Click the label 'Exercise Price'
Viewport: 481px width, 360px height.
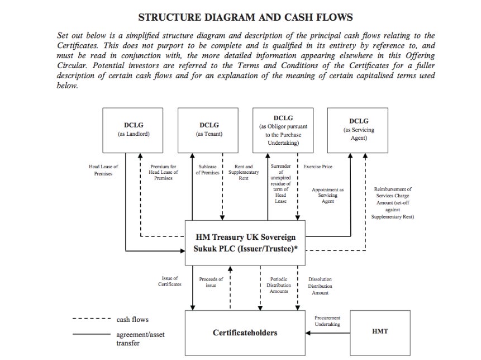[x=318, y=167]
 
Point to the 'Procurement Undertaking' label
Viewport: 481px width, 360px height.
[x=327, y=321]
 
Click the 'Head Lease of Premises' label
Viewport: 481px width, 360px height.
[x=103, y=170]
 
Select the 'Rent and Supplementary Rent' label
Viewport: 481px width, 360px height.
[x=244, y=172]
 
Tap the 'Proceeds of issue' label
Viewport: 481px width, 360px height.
[x=211, y=282]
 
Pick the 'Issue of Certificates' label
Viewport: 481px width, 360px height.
[x=170, y=281]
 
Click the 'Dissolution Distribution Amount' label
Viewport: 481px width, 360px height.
[x=320, y=286]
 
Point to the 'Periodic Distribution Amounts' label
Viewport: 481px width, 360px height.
[x=279, y=285]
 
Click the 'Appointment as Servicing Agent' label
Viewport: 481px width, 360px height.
[x=327, y=196]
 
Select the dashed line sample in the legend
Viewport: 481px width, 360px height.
[x=92, y=319]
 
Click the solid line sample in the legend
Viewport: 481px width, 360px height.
[x=92, y=334]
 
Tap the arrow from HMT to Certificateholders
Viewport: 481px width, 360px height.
[x=327, y=333]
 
